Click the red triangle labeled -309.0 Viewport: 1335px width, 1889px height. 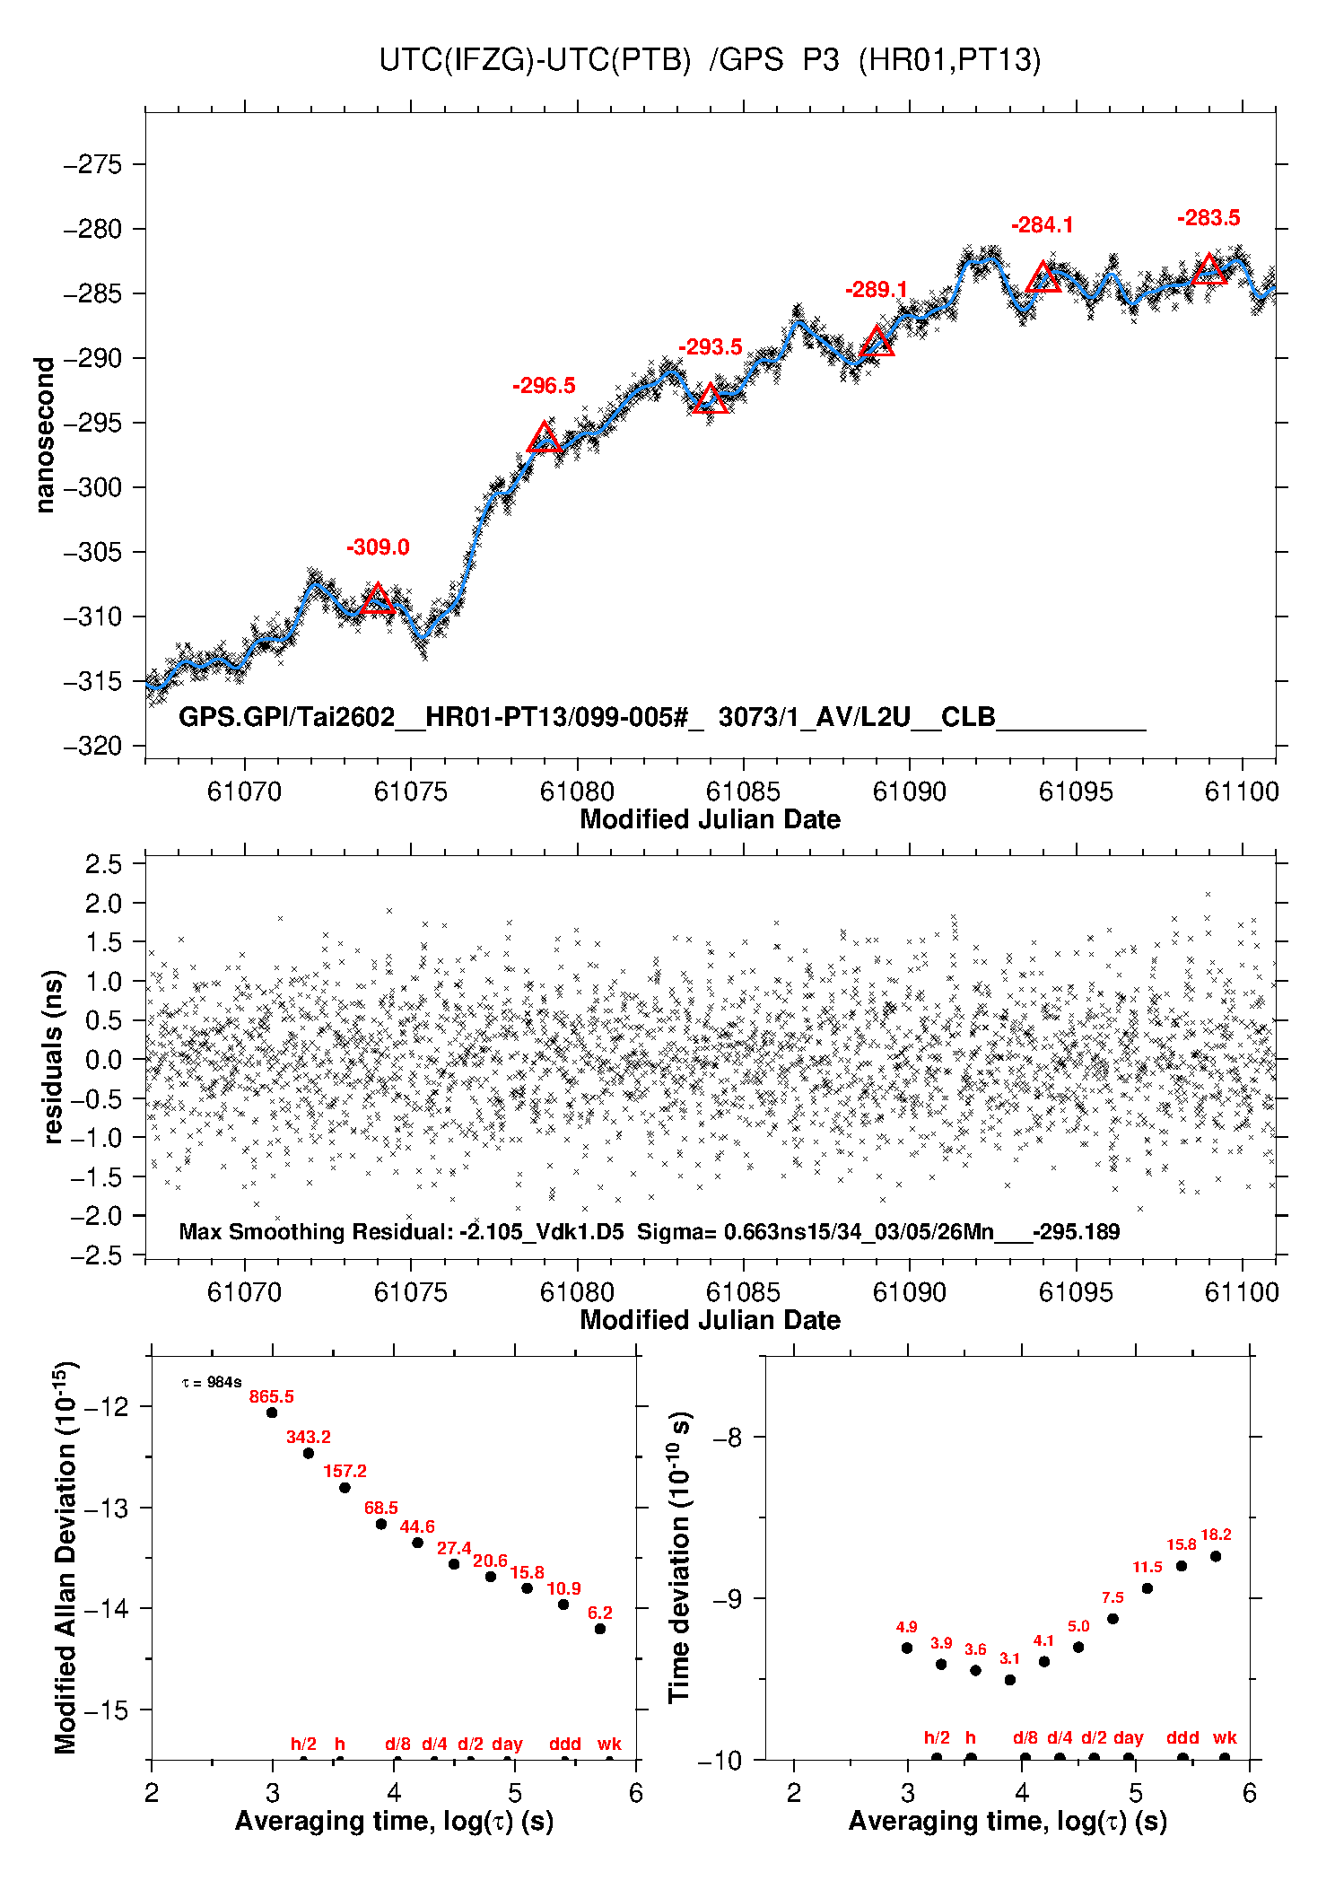point(378,599)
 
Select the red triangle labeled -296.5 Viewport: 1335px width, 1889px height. point(545,438)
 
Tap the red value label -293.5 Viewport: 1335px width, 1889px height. point(711,347)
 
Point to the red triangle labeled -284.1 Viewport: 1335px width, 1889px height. point(1043,278)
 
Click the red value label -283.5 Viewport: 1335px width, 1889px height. point(1208,218)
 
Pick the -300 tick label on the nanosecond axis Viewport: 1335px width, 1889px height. point(92,487)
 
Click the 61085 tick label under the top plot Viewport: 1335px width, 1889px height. point(743,791)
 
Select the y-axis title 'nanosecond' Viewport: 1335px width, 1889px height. point(45,435)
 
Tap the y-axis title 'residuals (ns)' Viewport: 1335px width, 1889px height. point(54,1056)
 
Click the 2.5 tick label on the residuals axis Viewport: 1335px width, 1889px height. point(103,864)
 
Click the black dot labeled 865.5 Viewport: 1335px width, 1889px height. point(272,1412)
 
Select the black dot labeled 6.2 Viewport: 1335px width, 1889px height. point(600,1629)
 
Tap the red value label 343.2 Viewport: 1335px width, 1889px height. point(309,1437)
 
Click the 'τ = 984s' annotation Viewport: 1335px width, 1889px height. point(212,1383)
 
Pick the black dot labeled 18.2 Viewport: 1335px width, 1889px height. point(1216,1556)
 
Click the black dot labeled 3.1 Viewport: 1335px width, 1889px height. point(1010,1680)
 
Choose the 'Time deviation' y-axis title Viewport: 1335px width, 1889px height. point(679,1558)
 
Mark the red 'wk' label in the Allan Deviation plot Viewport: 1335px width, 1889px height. point(609,1744)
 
